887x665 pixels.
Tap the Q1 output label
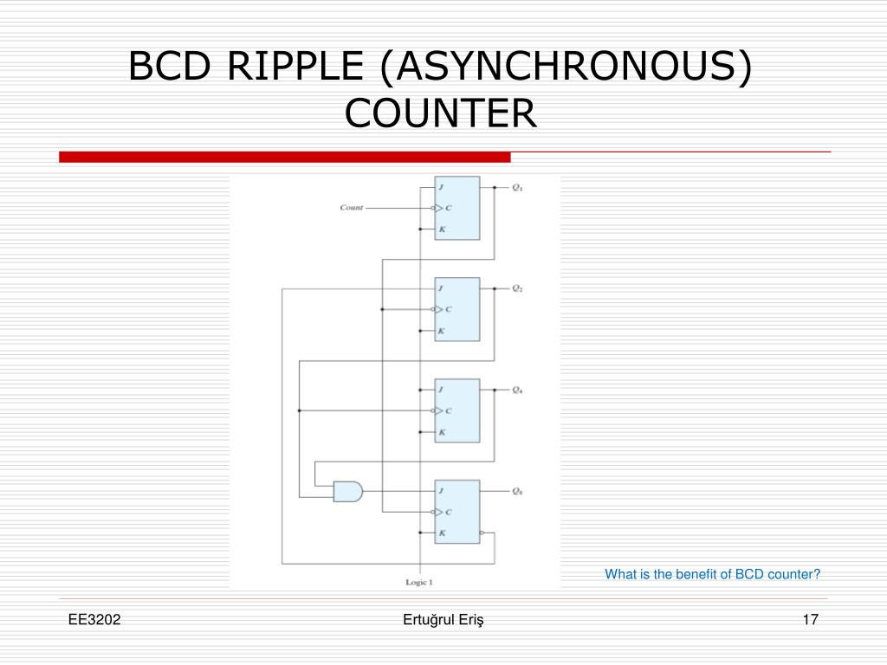[517, 187]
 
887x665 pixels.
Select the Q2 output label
[517, 288]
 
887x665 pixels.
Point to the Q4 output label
[517, 390]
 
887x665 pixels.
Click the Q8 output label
[517, 491]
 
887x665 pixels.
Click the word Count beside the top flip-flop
[352, 208]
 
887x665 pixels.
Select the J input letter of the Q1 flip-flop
[441, 187]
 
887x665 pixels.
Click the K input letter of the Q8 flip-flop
[442, 533]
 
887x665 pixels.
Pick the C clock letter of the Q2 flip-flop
[448, 309]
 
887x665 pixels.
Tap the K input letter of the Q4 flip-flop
[442, 431]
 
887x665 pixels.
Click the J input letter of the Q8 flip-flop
[441, 491]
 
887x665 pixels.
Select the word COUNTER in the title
[441, 113]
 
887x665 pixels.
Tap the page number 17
[811, 619]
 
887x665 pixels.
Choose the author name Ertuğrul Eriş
[443, 619]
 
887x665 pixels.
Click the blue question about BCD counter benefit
[712, 574]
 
